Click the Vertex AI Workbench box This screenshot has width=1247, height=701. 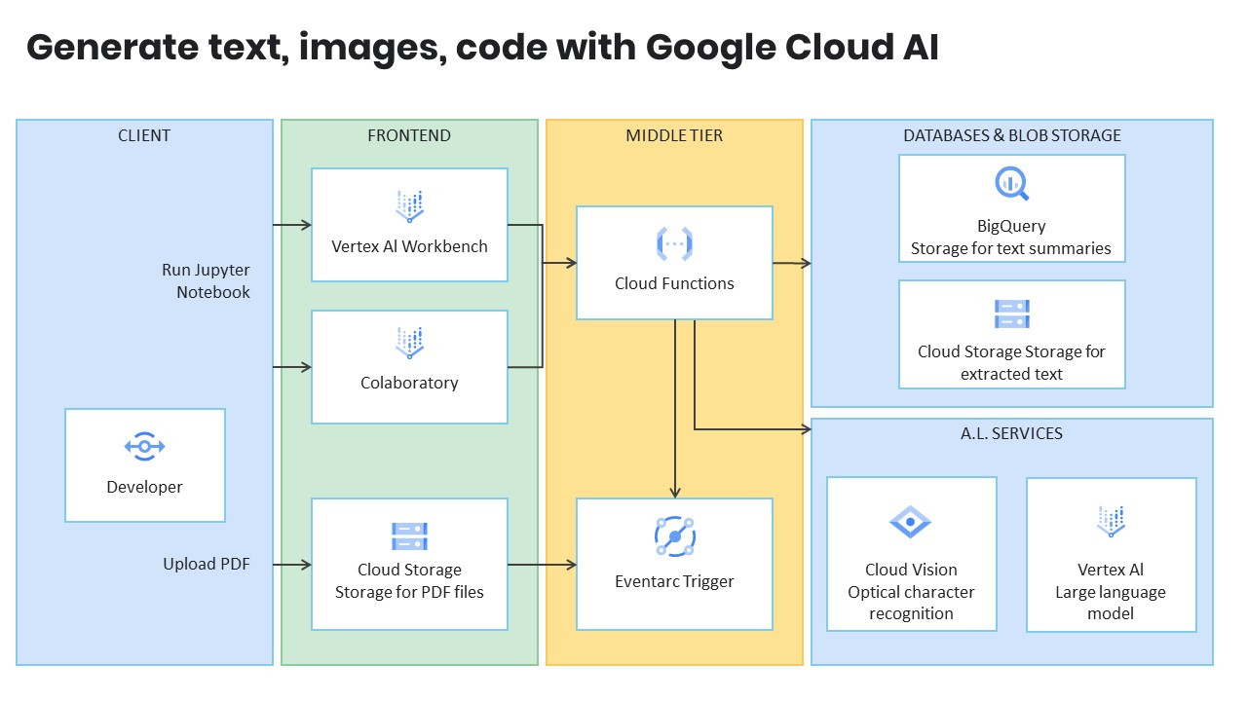[409, 225]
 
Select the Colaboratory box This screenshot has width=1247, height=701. [409, 367]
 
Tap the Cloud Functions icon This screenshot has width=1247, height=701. [674, 242]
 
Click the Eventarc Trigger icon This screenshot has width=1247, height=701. [674, 536]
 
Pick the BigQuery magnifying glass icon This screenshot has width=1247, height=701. [1011, 184]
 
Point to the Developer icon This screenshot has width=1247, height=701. [144, 447]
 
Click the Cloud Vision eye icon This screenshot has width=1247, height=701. [911, 522]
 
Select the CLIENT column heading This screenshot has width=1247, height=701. [144, 135]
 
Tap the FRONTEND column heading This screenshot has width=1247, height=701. [409, 135]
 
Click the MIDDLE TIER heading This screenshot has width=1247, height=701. [674, 135]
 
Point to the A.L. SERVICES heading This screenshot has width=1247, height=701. [1011, 433]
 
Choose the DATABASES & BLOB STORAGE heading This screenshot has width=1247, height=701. [1011, 135]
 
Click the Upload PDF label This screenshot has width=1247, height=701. [206, 564]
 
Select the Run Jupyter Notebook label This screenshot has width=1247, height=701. [206, 280]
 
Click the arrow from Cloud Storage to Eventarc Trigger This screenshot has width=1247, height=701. [542, 565]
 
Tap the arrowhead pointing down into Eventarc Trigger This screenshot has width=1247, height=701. [675, 492]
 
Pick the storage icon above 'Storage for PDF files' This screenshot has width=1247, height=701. [409, 536]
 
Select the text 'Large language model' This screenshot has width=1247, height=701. [1111, 603]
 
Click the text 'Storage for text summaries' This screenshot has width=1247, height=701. [1011, 248]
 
